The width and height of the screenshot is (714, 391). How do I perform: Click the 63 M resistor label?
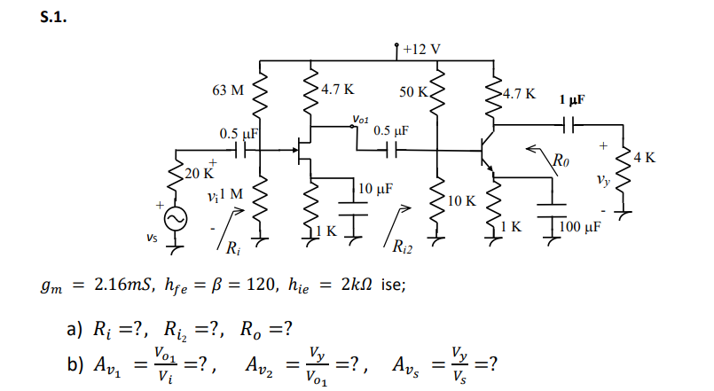228,90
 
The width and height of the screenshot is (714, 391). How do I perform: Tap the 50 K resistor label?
413,92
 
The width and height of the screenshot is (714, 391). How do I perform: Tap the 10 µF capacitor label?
377,188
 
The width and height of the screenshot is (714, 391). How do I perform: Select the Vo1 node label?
361,116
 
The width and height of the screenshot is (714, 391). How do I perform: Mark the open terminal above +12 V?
395,43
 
